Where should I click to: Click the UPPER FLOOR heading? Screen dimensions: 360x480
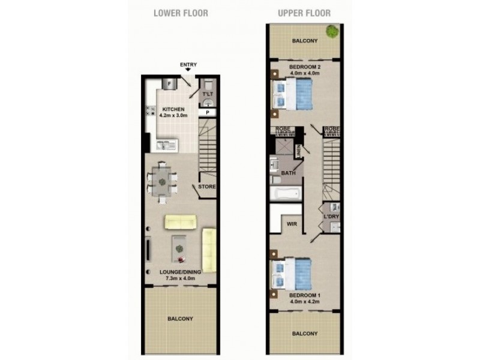(304, 13)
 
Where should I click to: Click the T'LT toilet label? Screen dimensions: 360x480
(208, 95)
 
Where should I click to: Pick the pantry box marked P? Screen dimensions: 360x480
(208, 112)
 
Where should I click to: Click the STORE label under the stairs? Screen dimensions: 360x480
(208, 187)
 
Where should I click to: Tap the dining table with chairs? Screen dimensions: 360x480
(161, 178)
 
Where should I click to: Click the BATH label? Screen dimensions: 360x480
(289, 173)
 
